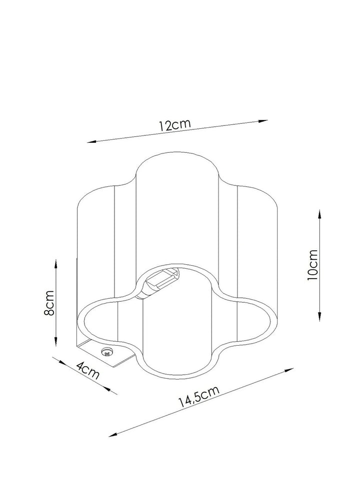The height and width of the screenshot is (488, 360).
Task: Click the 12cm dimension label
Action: tap(174, 125)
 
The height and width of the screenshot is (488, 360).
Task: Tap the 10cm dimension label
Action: tap(312, 265)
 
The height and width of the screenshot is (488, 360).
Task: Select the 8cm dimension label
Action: tap(49, 303)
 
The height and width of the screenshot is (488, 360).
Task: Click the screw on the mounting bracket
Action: tap(107, 352)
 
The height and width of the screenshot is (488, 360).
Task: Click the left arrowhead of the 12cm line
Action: tap(91, 142)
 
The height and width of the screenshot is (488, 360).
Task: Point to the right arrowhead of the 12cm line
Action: tap(263, 121)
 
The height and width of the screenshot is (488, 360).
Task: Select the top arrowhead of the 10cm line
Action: tap(319, 214)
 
